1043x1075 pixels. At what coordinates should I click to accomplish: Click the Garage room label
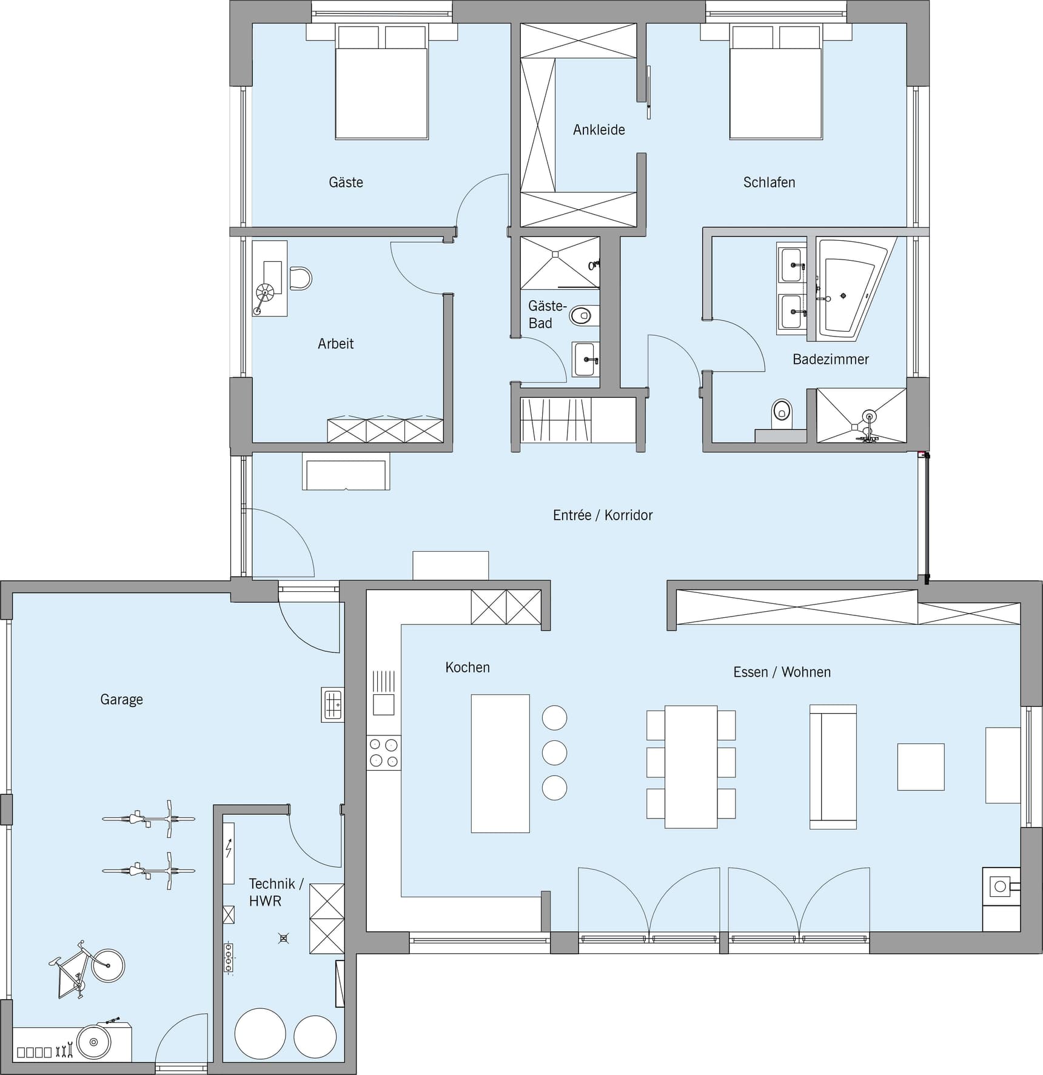coord(121,700)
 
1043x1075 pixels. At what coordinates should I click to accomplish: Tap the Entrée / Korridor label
coord(603,515)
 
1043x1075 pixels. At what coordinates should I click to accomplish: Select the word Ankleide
coord(599,130)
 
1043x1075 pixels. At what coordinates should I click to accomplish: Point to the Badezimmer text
coord(831,360)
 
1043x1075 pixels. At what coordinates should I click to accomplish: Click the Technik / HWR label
coord(276,892)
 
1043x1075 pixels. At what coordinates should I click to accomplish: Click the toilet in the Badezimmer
coord(782,412)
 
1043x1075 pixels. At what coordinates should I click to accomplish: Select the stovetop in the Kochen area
coord(383,753)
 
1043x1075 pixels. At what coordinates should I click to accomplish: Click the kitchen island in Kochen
coord(500,763)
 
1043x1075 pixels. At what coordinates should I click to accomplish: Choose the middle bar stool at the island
coord(554,753)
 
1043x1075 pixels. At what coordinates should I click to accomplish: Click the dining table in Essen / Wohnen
coord(691,766)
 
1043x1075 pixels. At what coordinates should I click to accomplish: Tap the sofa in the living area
coord(833,767)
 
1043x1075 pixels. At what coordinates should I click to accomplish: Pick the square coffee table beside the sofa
coord(921,767)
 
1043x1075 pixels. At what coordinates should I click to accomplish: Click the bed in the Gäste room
coord(382,82)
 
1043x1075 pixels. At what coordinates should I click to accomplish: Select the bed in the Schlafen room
coord(776,82)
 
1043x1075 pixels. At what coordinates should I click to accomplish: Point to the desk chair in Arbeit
coord(301,278)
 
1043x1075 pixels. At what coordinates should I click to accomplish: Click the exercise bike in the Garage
coord(87,970)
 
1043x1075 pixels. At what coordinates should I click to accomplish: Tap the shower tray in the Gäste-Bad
coord(560,263)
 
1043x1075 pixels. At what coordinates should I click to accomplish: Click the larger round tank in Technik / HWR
coord(260,1033)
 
